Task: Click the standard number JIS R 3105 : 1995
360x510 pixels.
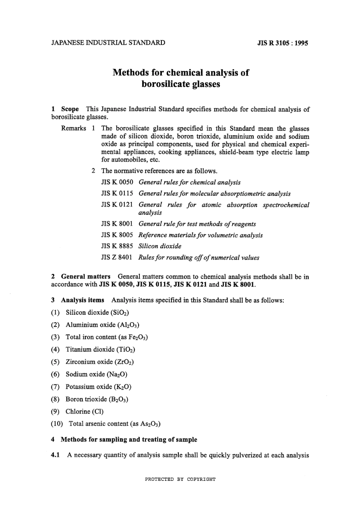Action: (283, 43)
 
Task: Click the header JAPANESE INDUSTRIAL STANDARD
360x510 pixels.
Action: (108, 42)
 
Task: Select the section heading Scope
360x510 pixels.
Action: (70, 109)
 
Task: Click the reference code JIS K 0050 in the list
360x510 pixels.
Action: (117, 182)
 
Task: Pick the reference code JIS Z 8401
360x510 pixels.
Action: (117, 257)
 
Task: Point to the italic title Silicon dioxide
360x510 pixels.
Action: (160, 246)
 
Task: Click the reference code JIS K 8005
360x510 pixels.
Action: (117, 235)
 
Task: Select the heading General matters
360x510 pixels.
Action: (86, 276)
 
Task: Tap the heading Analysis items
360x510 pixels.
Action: (82, 300)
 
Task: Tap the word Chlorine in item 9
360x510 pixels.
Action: (78, 411)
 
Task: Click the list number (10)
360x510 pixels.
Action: (57, 424)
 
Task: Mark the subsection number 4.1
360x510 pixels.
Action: (55, 455)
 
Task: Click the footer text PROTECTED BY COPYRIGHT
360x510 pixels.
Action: (180, 479)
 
